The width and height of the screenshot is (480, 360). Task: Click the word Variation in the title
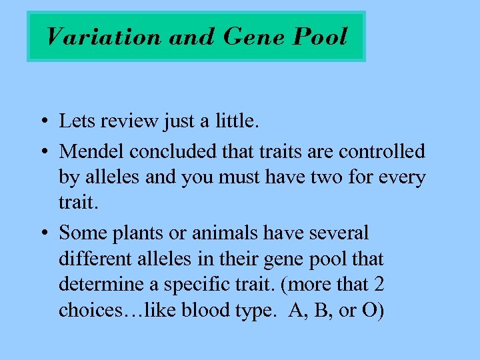[103, 36]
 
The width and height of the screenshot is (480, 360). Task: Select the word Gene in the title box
[251, 36]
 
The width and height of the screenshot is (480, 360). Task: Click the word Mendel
[92, 151]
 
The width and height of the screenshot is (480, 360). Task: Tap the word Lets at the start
[75, 121]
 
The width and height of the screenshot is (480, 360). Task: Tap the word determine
[101, 285]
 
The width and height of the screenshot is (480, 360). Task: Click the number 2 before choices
[379, 285]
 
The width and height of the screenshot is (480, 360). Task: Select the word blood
[214, 311]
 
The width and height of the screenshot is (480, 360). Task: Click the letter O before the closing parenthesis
[367, 311]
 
